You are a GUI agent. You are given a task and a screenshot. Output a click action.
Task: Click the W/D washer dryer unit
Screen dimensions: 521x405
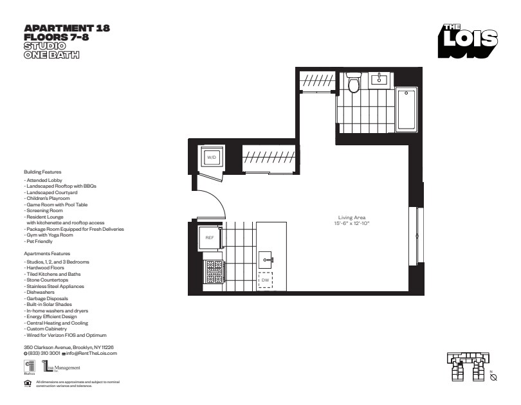click(x=212, y=157)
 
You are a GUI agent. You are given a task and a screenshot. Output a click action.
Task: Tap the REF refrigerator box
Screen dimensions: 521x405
click(x=210, y=237)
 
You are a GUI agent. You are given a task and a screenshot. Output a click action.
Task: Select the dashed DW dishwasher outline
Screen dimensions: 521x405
click(x=265, y=280)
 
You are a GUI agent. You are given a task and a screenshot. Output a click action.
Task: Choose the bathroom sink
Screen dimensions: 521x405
click(x=380, y=79)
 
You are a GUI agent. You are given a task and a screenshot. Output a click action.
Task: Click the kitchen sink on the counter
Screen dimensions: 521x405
click(x=266, y=260)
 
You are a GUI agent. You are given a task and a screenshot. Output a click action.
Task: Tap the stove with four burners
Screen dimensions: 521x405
click(x=213, y=269)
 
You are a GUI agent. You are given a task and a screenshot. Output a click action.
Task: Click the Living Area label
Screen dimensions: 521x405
click(x=351, y=217)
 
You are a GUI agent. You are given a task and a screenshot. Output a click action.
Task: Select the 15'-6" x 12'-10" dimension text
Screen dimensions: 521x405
click(x=351, y=223)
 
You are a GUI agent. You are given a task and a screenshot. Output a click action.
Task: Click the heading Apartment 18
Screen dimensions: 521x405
click(x=66, y=28)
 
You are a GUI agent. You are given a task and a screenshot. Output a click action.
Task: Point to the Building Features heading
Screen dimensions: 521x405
click(x=42, y=173)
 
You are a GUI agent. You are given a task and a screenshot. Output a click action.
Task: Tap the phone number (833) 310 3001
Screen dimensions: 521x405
click(x=44, y=354)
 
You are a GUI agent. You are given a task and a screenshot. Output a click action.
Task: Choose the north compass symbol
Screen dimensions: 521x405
click(x=493, y=377)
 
